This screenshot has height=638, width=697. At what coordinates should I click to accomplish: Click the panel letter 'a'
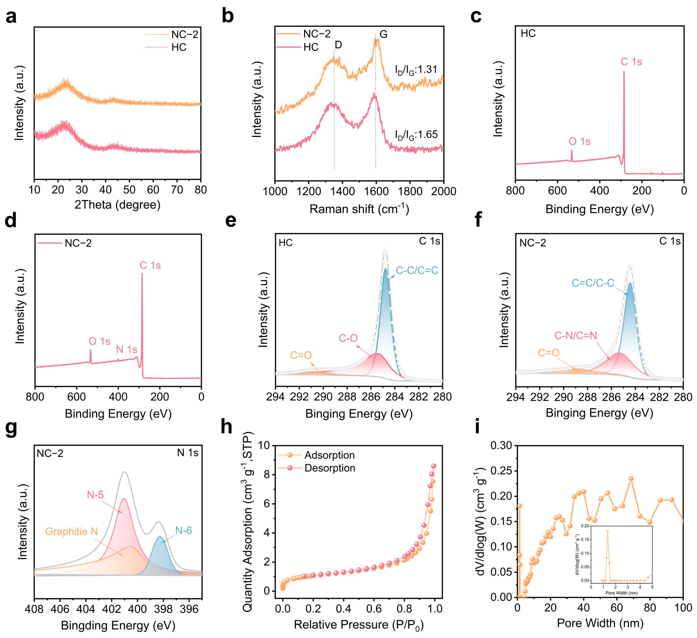pyautogui.click(x=11, y=17)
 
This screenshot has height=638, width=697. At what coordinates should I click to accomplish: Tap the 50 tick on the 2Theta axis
pyautogui.click(x=129, y=190)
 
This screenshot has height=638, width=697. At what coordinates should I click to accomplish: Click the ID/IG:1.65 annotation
pyautogui.click(x=416, y=134)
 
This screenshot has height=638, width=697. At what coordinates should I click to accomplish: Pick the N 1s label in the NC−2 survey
pyautogui.click(x=127, y=349)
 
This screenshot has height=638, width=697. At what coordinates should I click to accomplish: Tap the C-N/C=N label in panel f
pyautogui.click(x=576, y=336)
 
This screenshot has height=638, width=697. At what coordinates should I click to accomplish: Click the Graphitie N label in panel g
pyautogui.click(x=72, y=531)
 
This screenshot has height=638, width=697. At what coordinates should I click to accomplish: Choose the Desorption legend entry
pyautogui.click(x=330, y=468)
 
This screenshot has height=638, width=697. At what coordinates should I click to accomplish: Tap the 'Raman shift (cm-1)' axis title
pyautogui.click(x=359, y=209)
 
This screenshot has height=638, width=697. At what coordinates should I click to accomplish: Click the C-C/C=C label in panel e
pyautogui.click(x=417, y=270)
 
